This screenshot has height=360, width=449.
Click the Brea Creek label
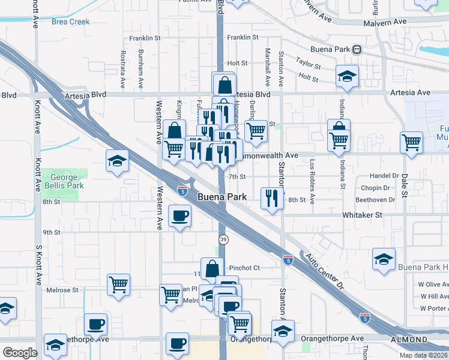(x=70, y=22)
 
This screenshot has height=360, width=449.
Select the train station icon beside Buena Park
(x=357, y=49)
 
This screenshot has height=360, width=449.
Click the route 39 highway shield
(x=222, y=240)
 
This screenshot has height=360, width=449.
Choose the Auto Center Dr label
(x=324, y=271)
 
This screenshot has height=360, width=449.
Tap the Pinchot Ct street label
(x=243, y=268)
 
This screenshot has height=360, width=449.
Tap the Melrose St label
(x=62, y=290)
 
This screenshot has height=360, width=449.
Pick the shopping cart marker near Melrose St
(x=118, y=284)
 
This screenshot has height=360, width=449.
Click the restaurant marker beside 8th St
(x=272, y=197)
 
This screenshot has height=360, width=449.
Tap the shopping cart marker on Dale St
(x=412, y=142)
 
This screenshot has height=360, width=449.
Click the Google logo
(x=19, y=353)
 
